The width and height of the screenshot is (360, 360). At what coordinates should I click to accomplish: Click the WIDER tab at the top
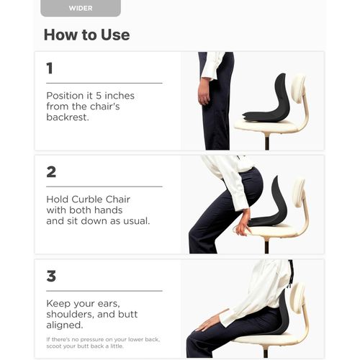click(x=81, y=8)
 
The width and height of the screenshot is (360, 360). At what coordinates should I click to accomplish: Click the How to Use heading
click(x=87, y=35)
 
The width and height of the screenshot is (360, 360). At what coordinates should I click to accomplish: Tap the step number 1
click(x=50, y=68)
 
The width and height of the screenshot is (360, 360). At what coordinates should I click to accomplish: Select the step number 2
click(x=51, y=172)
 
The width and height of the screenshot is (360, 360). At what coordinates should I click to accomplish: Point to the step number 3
click(x=51, y=276)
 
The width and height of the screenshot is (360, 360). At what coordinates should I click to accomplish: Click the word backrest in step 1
click(x=68, y=117)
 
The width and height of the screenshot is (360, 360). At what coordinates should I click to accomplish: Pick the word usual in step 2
click(x=136, y=221)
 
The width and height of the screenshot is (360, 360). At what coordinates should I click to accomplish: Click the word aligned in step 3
click(x=65, y=325)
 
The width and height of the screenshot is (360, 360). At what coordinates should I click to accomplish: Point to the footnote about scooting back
click(x=103, y=343)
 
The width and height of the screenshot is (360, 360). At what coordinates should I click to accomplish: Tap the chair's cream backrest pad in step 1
click(x=297, y=89)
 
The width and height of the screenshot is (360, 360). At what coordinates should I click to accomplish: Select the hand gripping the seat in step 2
click(x=243, y=223)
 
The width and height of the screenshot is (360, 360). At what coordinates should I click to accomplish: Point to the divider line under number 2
click(x=104, y=186)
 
